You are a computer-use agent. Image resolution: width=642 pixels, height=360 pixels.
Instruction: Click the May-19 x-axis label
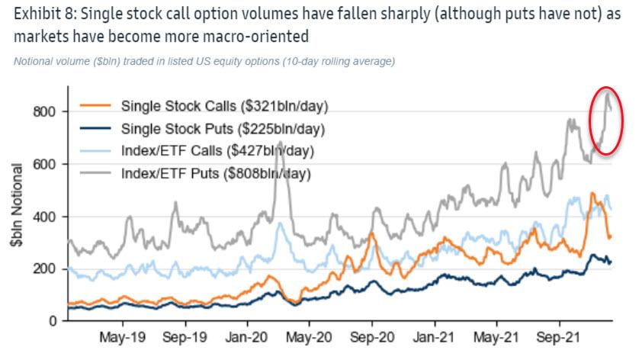click(x=121, y=336)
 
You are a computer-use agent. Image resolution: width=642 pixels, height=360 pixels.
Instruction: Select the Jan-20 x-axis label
click(x=246, y=336)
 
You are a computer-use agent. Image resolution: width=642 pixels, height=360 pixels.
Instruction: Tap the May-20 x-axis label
click(x=308, y=336)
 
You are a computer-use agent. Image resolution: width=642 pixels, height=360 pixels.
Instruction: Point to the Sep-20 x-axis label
click(x=371, y=336)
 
